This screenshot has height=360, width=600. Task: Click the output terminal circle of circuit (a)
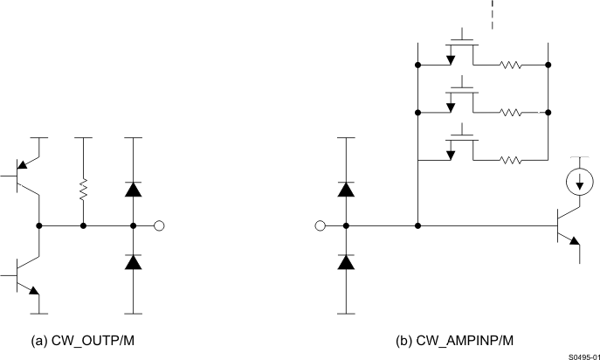click(159, 225)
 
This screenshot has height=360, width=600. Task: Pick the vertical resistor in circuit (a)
click(83, 190)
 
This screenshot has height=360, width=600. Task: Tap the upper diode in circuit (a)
click(133, 189)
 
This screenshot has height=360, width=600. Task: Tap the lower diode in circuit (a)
click(133, 261)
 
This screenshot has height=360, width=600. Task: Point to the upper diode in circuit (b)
click(347, 189)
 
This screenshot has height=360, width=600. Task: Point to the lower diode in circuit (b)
click(347, 261)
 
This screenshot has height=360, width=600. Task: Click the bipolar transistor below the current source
click(569, 226)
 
